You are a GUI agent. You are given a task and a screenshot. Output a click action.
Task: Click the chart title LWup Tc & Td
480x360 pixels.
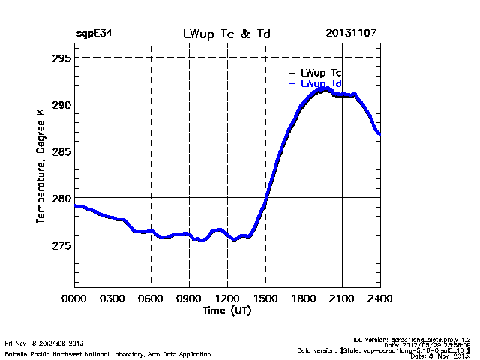tap(226, 34)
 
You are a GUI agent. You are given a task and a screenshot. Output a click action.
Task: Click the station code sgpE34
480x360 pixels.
tap(94, 34)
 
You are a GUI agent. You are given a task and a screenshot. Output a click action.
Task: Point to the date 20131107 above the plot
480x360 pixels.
tap(352, 34)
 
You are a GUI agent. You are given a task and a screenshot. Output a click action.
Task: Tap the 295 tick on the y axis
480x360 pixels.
tap(61, 58)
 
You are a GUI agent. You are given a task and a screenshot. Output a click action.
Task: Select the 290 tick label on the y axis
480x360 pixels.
tap(61, 104)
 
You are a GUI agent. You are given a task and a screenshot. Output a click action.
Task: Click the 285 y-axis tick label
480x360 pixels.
tap(61, 151)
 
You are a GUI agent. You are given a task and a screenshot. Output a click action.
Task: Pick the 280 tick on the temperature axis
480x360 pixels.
tap(61, 198)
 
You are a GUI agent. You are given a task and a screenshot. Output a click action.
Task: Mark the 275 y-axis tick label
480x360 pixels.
tap(61, 245)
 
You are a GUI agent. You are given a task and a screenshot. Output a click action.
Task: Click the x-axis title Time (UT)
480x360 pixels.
tap(226, 309)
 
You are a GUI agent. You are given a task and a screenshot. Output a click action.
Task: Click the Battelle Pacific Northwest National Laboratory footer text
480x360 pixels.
tap(107, 352)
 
